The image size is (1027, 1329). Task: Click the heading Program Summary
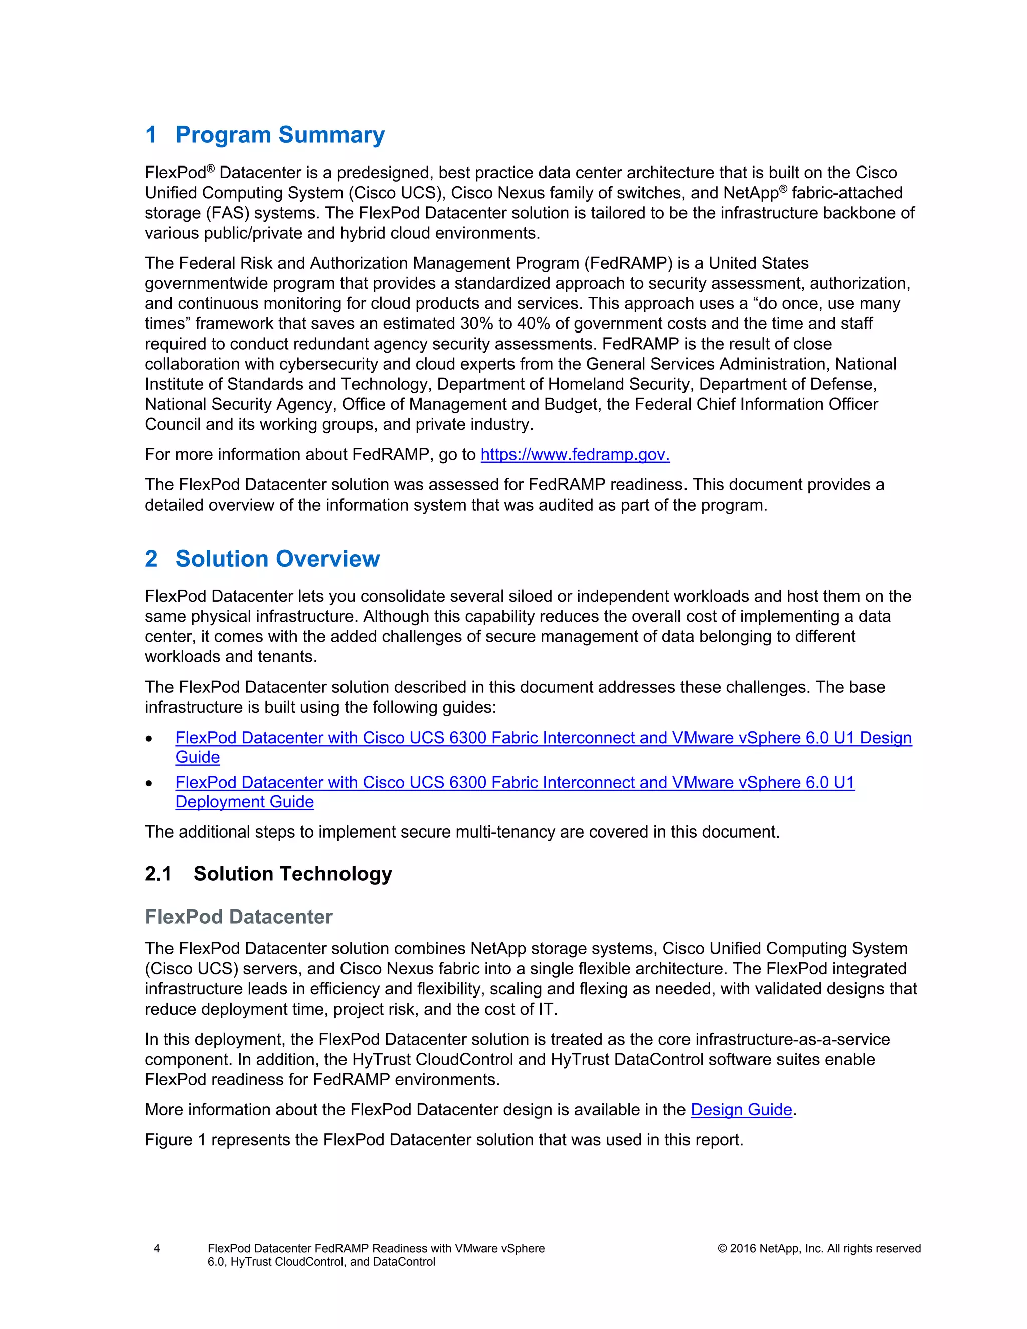[279, 134]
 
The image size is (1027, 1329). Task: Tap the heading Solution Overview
[277, 559]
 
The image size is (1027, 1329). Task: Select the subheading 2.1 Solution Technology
[268, 873]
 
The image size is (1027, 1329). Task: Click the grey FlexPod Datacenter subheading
[239, 916]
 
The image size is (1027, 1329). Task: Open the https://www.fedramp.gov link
[575, 454]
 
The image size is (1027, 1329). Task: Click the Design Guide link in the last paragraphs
[741, 1109]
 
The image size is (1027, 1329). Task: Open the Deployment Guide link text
[245, 802]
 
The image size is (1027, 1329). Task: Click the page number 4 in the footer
[157, 1248]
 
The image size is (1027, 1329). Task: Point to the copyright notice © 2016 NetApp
[819, 1248]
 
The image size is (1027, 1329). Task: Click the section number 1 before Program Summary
[151, 134]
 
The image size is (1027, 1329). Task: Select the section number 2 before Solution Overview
[151, 559]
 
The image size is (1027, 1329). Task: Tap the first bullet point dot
[149, 738]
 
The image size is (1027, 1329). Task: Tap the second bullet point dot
[149, 783]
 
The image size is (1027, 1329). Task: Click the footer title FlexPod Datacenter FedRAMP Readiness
[376, 1248]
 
